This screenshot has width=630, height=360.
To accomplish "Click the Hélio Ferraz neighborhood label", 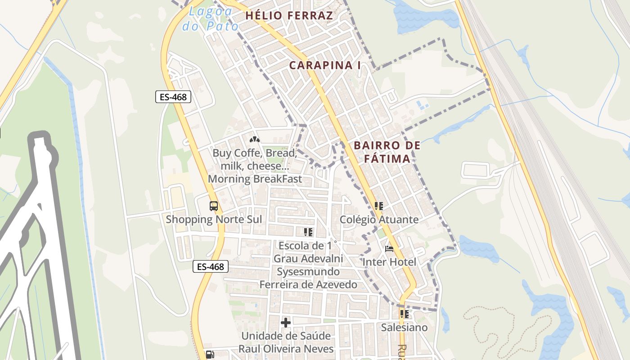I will tap(289, 16).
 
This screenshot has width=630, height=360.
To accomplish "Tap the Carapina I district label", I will tap(325, 65).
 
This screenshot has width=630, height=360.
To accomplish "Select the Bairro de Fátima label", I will tap(387, 152).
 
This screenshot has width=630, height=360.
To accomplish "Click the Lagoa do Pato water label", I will tap(211, 19).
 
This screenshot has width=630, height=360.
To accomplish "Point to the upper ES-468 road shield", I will tap(173, 97).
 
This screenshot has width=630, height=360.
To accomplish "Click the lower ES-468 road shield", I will tap(211, 266).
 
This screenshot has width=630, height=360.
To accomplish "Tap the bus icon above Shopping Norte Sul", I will tap(214, 206).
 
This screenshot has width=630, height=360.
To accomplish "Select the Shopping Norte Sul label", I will tap(214, 220).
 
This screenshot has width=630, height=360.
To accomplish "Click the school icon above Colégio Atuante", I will tap(379, 206).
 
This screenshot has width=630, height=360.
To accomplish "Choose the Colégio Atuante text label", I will tap(379, 220).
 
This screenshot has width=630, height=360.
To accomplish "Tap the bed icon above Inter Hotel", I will tap(389, 248).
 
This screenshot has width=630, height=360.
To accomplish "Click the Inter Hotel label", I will tap(389, 262).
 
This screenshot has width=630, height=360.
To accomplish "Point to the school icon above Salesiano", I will tap(404, 314).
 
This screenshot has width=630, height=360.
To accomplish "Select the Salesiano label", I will tap(404, 328).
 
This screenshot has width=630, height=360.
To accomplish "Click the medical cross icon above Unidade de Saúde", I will tap(286, 323).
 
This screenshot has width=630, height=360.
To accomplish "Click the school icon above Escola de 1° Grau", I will tap(308, 232).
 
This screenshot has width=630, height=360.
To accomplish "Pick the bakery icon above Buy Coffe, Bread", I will tap(255, 139).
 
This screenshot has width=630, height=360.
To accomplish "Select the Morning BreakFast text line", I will tap(255, 179).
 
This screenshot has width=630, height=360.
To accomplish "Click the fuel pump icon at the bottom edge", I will tap(210, 355).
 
